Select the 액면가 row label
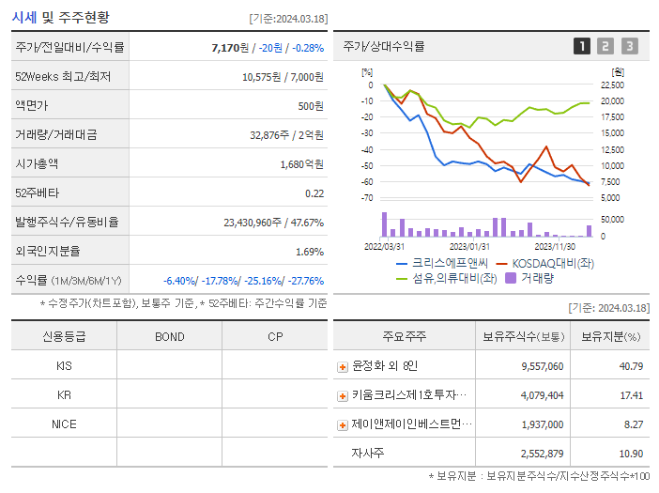34,106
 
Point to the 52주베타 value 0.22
314,193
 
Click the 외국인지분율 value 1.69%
309,252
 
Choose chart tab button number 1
582,46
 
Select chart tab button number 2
605,46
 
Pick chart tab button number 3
629,46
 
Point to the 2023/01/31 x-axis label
469,246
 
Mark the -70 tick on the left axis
367,198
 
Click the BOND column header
169,336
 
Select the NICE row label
64,424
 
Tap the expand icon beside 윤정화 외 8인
343,367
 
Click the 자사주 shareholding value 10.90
628,454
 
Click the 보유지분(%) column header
610,336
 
